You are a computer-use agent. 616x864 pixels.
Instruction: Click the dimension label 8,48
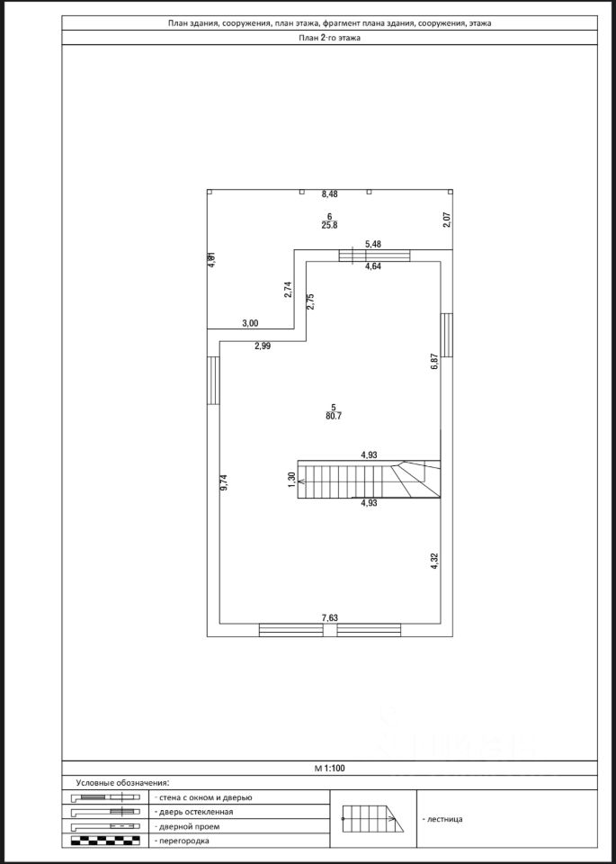[x=330, y=193]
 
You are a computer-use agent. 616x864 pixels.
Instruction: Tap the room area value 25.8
[x=330, y=226]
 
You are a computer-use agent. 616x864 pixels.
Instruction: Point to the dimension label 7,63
[x=330, y=617]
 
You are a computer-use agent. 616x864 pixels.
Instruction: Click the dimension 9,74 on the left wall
[x=225, y=481]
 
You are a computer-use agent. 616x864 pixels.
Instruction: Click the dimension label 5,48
[x=373, y=245]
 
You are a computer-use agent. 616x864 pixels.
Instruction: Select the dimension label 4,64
[x=373, y=266]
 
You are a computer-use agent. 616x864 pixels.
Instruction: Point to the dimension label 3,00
[x=250, y=323]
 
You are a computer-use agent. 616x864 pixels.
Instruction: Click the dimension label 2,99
[x=263, y=346]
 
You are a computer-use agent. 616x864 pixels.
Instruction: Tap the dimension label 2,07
[x=447, y=220]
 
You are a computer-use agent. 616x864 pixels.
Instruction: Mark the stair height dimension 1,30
[x=291, y=481]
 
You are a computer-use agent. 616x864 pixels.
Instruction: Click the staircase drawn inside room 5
[x=369, y=481]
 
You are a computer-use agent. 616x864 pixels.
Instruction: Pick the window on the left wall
[x=213, y=382]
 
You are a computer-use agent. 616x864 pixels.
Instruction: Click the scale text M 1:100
[x=330, y=769]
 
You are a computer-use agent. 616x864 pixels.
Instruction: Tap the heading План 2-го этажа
[x=330, y=38]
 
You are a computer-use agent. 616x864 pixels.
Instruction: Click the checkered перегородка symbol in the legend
[x=106, y=841]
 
